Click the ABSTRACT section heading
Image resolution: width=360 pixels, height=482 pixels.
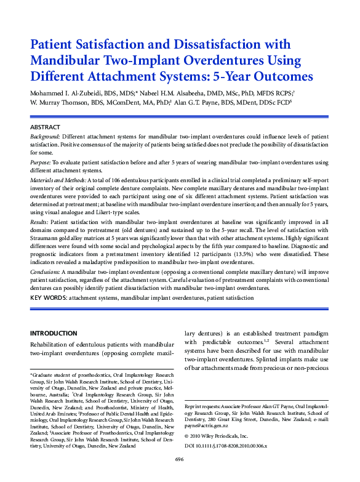click(45, 126)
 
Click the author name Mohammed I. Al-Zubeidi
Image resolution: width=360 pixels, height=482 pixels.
click(69, 92)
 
